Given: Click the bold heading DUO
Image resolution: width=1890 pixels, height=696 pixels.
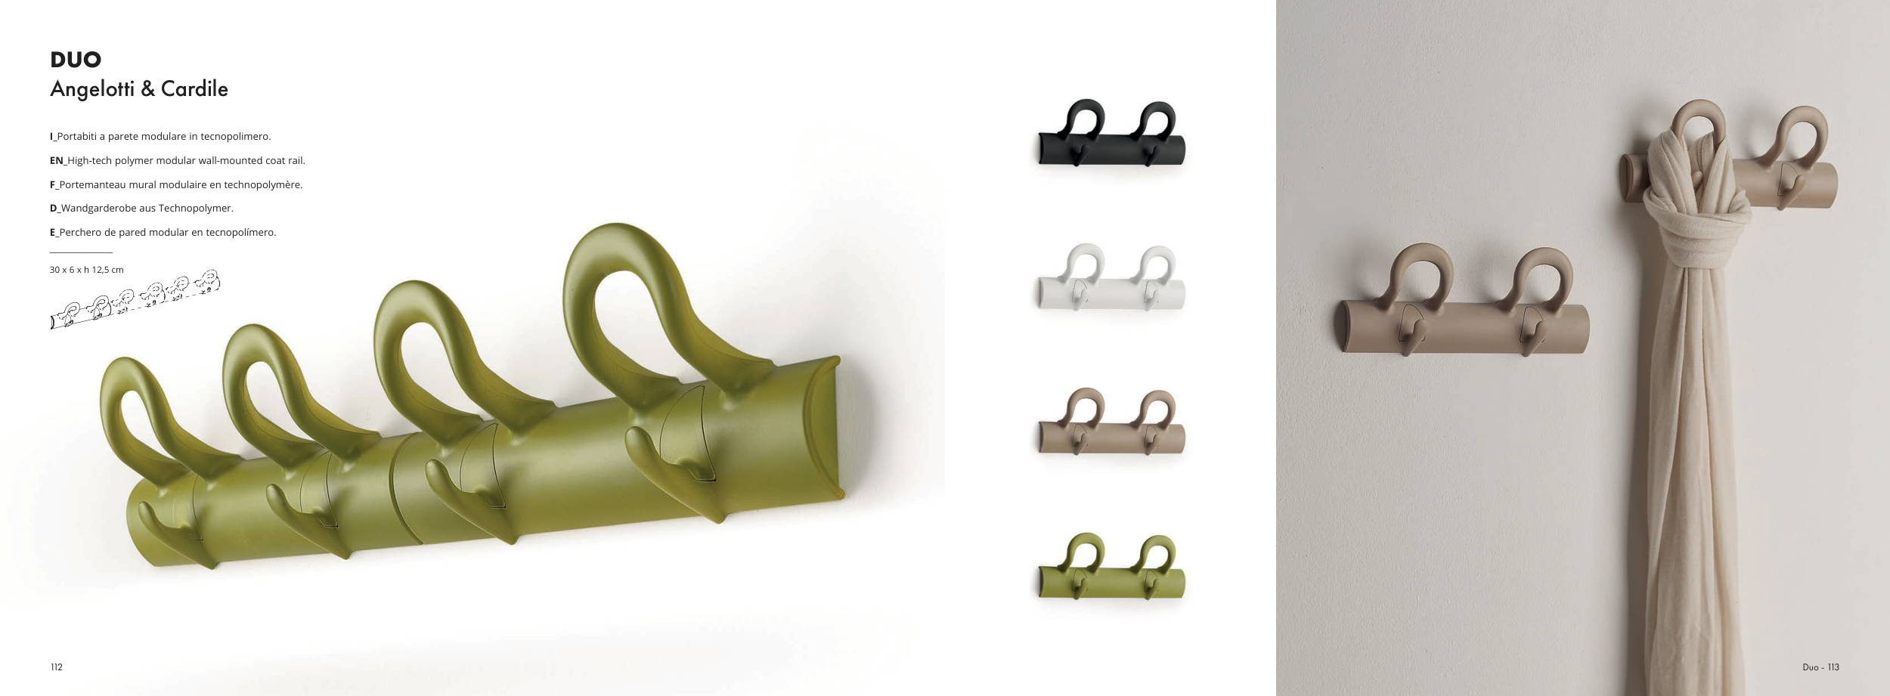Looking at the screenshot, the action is [76, 60].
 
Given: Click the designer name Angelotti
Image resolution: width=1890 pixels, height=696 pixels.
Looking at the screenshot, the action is [91, 89].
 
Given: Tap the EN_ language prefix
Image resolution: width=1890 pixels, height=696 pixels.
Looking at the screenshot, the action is [58, 160].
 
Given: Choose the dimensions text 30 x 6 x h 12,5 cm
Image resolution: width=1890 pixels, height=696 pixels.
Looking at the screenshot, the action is [87, 270].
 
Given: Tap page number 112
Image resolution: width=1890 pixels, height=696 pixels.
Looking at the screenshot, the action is [57, 667].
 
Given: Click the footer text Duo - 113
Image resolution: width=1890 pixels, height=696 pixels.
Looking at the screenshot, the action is [1820, 667].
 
